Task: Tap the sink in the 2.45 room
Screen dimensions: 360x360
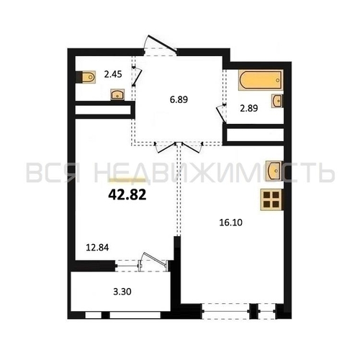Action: pos(117,94)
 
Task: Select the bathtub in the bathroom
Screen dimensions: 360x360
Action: pos(260,80)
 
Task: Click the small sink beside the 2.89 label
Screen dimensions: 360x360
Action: pos(277,101)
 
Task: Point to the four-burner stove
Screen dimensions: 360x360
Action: pos(271,199)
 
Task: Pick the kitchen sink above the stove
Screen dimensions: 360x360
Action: pos(274,170)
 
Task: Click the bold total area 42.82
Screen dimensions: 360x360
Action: pos(127,195)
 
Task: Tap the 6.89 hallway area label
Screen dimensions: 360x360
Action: pos(179,99)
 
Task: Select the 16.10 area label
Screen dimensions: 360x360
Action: pos(231,222)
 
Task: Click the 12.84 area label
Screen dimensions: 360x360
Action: pos(97,247)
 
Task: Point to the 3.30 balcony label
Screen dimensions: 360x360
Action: pos(122,292)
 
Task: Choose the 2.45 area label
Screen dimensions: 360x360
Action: pos(113,74)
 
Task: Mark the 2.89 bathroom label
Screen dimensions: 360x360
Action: pos(249,109)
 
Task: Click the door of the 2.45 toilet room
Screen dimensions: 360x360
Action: pos(137,76)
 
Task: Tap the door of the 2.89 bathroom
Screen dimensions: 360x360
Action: pos(221,113)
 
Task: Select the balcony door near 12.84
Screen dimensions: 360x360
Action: pos(153,261)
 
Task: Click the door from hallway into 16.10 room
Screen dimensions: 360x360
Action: pos(192,147)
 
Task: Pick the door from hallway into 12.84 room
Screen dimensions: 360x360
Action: pos(165,147)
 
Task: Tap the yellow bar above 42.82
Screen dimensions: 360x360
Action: pos(127,180)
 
